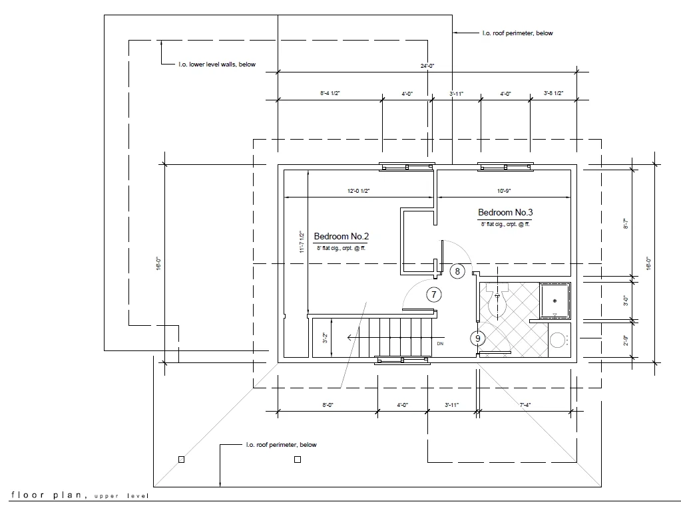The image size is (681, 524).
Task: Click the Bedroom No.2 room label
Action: [x=341, y=236]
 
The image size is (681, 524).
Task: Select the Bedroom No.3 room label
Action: [x=505, y=212]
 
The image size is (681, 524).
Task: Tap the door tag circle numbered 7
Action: [x=433, y=295]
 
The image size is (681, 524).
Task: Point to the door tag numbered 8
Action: [x=457, y=271]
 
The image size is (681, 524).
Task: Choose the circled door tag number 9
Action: [x=477, y=338]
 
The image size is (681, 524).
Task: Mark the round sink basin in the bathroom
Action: [x=557, y=340]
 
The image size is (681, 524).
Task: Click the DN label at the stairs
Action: [x=440, y=344]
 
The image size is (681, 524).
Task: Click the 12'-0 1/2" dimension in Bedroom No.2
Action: [x=358, y=192]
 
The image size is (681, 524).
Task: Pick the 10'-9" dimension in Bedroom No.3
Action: [x=503, y=192]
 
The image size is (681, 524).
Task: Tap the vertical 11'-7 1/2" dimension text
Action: [x=302, y=243]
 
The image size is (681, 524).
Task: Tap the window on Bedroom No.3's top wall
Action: [x=506, y=167]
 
